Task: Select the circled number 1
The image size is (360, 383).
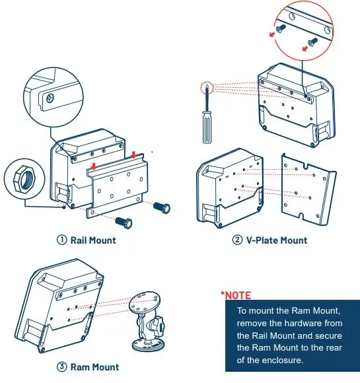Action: point(62,240)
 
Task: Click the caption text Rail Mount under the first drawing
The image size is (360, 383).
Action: point(93,240)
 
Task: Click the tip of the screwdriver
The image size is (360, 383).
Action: point(207,85)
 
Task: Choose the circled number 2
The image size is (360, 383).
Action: point(238,240)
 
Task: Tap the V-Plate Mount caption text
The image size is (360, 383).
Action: point(276,240)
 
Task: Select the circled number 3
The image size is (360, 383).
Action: point(61,366)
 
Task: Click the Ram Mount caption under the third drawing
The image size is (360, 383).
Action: point(94,366)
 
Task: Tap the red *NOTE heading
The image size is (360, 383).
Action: point(236,295)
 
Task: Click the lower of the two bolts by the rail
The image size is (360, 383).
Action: point(124,221)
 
